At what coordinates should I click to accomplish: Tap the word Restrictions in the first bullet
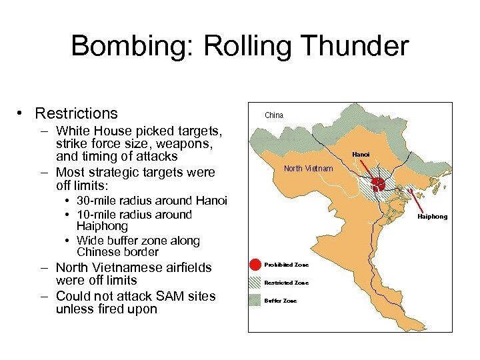(x=77, y=113)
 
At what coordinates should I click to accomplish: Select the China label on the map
(x=274, y=115)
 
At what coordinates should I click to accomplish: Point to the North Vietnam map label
(x=308, y=168)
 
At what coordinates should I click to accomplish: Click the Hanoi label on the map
(x=361, y=155)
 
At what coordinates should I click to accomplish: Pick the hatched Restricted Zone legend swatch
(x=256, y=283)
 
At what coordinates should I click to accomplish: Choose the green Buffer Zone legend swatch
(x=256, y=301)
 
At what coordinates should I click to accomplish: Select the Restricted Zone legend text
(x=287, y=283)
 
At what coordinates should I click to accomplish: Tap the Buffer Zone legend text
(x=281, y=301)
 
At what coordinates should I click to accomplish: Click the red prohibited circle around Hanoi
(x=377, y=183)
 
